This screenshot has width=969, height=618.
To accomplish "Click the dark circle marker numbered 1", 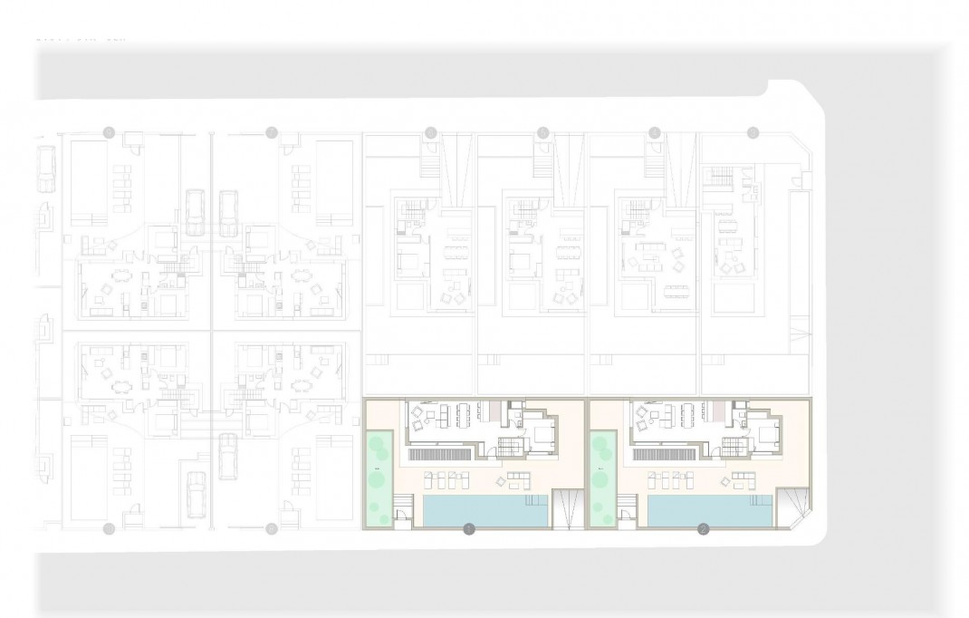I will (468, 529).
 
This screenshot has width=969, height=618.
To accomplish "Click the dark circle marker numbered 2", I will (703, 529).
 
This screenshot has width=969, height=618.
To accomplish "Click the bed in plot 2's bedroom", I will (770, 435).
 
